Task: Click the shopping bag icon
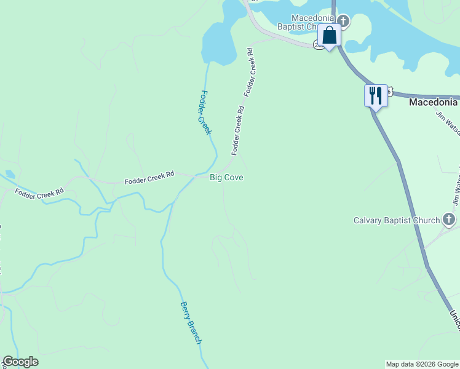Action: tap(329, 36)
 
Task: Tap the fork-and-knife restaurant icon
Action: tap(375, 95)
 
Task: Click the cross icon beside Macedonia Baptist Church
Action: tap(343, 22)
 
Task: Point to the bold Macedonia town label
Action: tap(434, 102)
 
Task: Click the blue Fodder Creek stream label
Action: tap(205, 113)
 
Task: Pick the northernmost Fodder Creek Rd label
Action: tap(252, 71)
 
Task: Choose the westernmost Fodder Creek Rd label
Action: tap(39, 192)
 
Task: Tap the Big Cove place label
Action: tap(226, 177)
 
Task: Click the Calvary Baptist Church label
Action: tap(397, 220)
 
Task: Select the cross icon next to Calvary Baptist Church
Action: tap(449, 220)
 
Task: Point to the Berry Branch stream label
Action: tap(191, 322)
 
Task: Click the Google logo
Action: tap(20, 362)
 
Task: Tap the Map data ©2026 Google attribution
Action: tap(422, 364)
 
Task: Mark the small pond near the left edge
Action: tap(9, 174)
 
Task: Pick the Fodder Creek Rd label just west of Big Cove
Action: tap(149, 178)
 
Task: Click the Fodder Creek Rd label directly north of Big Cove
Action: tap(238, 130)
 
